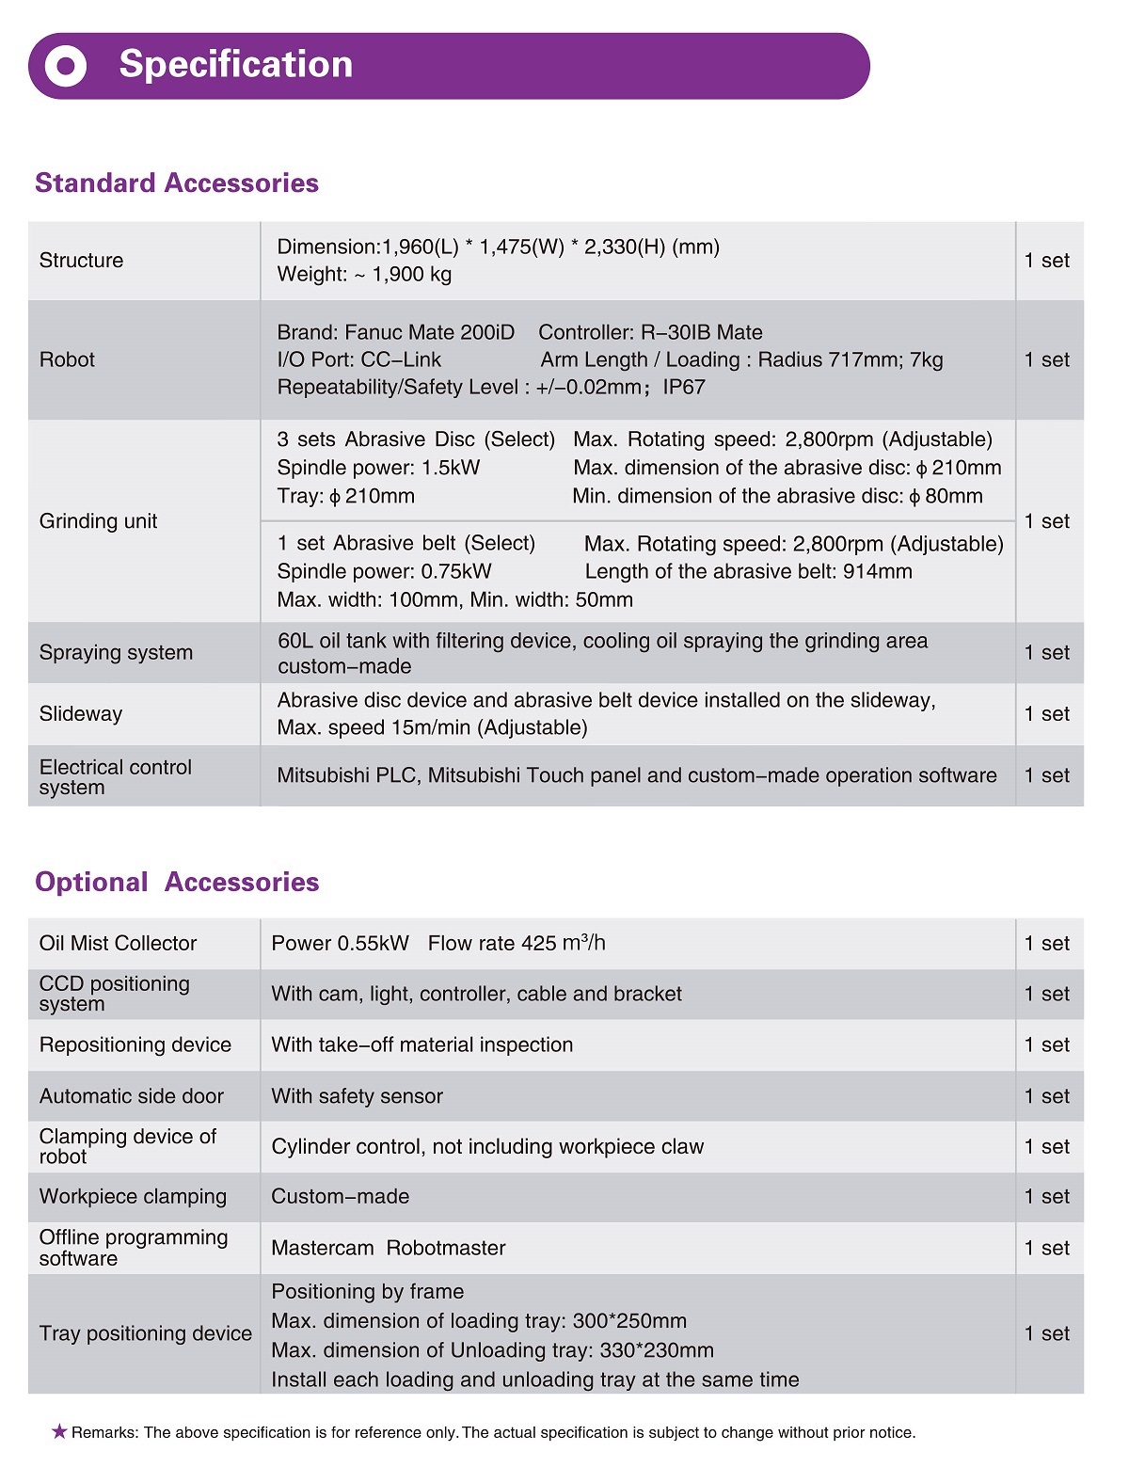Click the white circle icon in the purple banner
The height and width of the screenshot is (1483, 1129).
[x=66, y=66]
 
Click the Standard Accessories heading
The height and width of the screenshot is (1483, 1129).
[x=177, y=183]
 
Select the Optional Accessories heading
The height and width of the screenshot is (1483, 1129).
[x=177, y=882]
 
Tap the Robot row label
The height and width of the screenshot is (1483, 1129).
[x=67, y=359]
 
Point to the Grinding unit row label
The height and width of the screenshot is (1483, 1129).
[x=98, y=521]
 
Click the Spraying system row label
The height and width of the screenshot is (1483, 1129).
[x=116, y=652]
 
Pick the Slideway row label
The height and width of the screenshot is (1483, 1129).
[x=81, y=713]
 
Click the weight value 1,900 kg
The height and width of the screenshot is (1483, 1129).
[x=411, y=275]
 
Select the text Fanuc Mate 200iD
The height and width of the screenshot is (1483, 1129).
[x=429, y=332]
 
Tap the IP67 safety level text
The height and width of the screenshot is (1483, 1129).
[x=684, y=388]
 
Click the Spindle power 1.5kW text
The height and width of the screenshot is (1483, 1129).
[x=378, y=468]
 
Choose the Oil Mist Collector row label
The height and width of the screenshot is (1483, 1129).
[x=118, y=943]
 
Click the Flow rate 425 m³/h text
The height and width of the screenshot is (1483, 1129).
[x=517, y=943]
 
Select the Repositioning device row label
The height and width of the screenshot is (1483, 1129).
[x=135, y=1044]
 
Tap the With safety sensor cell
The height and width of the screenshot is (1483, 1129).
[x=357, y=1096]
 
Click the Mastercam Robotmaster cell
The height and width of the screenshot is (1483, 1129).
[x=388, y=1248]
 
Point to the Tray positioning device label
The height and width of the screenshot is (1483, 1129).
[x=145, y=1333]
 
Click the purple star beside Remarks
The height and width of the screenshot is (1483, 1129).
[x=59, y=1431]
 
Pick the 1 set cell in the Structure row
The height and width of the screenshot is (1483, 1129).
[x=1046, y=261]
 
